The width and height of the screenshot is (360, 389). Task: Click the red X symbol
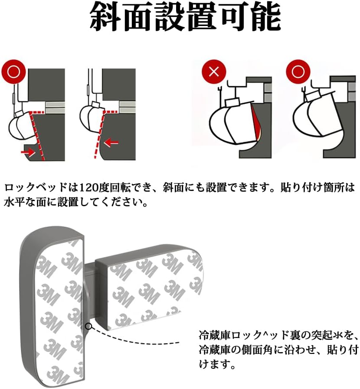[x=213, y=71]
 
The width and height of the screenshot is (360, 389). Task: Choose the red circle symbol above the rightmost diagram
[x=298, y=71]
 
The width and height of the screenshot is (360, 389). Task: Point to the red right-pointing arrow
[x=28, y=152]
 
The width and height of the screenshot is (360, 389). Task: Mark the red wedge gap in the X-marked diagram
[x=256, y=123]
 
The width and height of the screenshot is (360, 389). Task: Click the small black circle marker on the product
[x=89, y=326]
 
